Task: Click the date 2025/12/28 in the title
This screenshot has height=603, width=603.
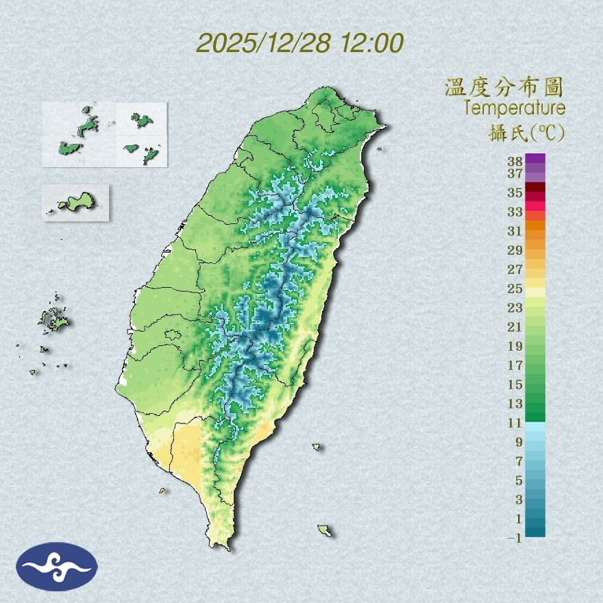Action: (x=264, y=43)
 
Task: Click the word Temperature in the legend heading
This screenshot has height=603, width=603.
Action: (x=514, y=108)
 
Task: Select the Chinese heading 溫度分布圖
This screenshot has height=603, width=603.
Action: (x=504, y=88)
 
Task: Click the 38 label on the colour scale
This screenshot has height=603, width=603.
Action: (x=515, y=162)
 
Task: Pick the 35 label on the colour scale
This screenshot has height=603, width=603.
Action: (x=515, y=193)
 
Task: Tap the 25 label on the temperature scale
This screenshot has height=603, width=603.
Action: (x=515, y=288)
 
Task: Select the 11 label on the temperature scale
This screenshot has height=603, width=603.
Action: (x=515, y=423)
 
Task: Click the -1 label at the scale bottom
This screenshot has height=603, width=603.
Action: (x=515, y=538)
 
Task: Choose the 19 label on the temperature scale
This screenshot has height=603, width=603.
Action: (x=515, y=346)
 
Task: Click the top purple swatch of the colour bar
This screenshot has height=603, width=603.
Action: (x=536, y=158)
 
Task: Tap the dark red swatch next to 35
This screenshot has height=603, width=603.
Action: (x=536, y=187)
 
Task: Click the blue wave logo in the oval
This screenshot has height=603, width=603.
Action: (x=57, y=567)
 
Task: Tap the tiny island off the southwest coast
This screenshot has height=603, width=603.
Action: (x=162, y=490)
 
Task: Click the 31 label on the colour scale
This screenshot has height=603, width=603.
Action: (x=515, y=230)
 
